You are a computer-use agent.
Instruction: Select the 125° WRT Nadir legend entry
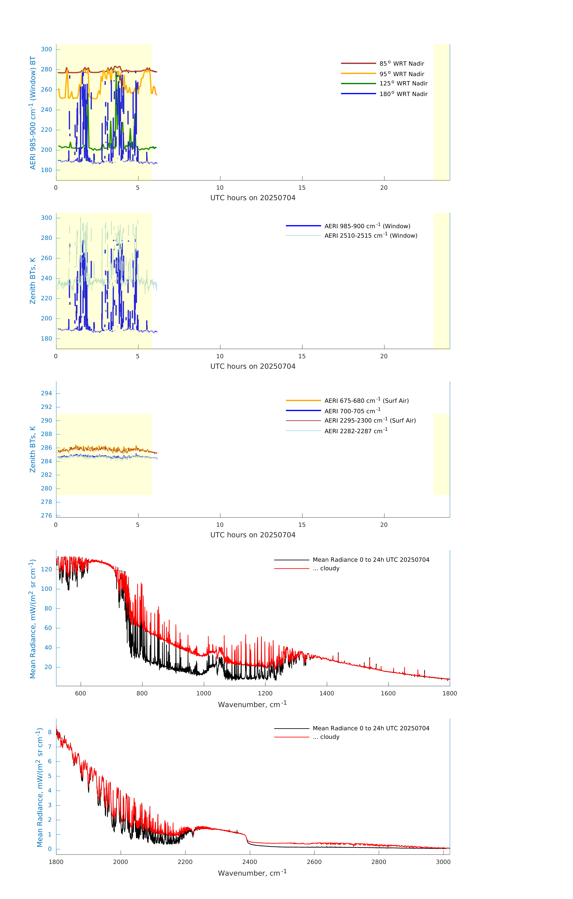(403, 83)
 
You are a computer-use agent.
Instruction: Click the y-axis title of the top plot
(33, 113)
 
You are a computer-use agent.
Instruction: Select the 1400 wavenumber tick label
(327, 693)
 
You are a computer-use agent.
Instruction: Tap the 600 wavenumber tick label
(81, 693)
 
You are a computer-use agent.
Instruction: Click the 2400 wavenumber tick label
(249, 862)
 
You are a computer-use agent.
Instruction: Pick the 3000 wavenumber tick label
(443, 862)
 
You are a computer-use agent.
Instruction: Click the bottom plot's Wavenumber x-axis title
(252, 873)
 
